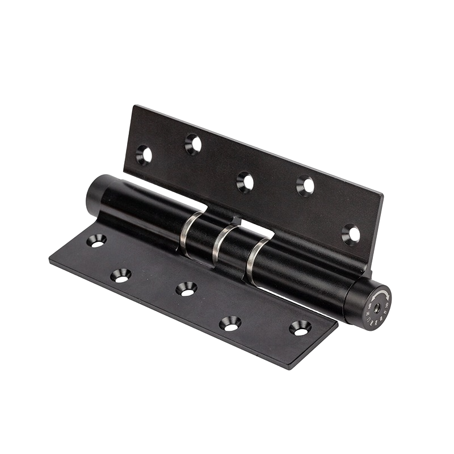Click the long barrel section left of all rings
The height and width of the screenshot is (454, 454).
(142, 210)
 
